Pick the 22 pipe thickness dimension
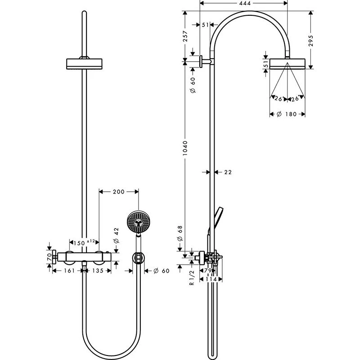point(228,172)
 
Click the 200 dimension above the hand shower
point(118,192)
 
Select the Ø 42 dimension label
point(117,235)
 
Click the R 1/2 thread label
point(191,277)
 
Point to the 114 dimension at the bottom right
point(212,279)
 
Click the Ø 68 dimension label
point(180,234)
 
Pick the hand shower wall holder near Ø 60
point(139,259)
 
